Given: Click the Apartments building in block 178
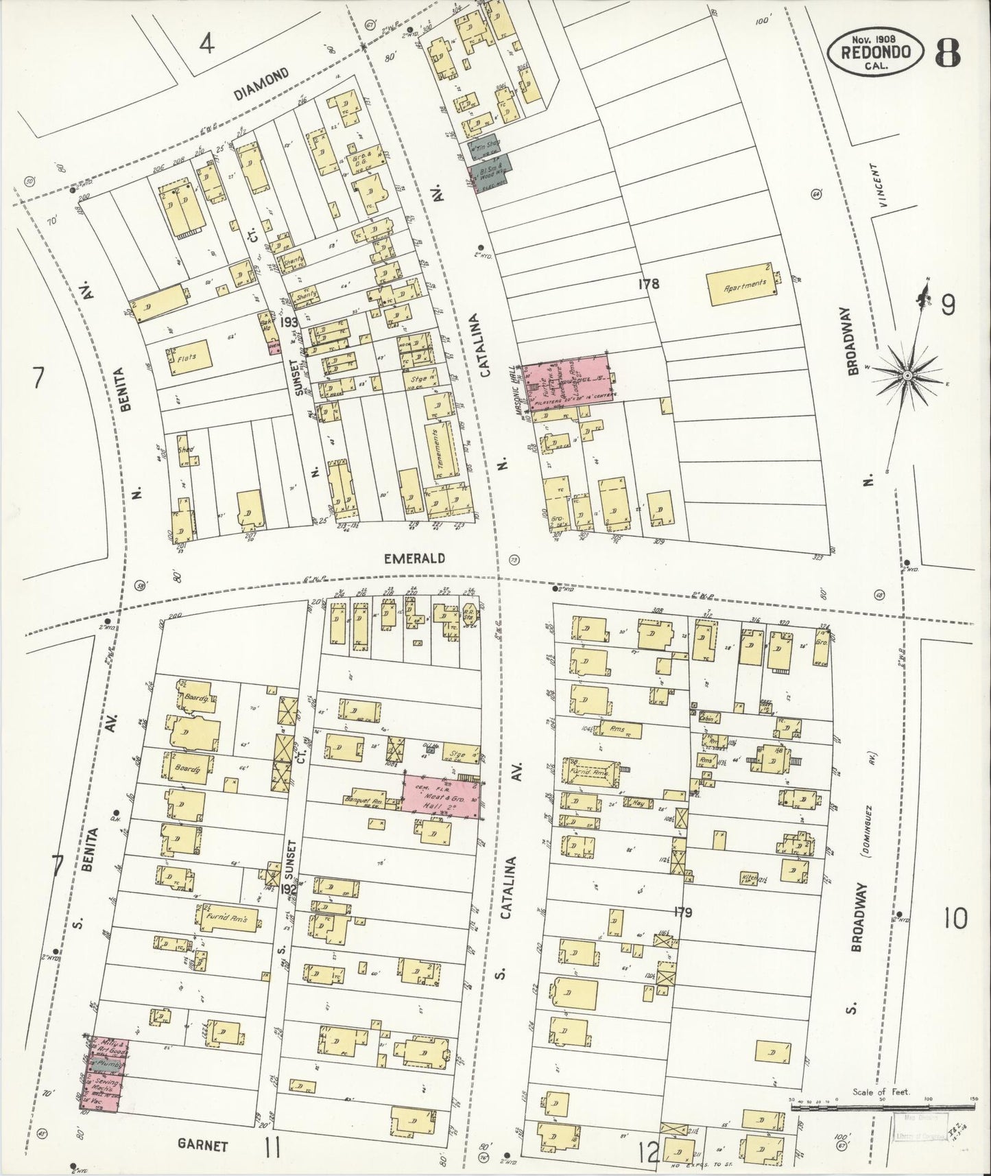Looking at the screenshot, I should click(744, 283).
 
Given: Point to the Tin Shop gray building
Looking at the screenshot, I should click(484, 145).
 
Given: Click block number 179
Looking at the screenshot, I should click(683, 913).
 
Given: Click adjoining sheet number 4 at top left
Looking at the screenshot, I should click(206, 45).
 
